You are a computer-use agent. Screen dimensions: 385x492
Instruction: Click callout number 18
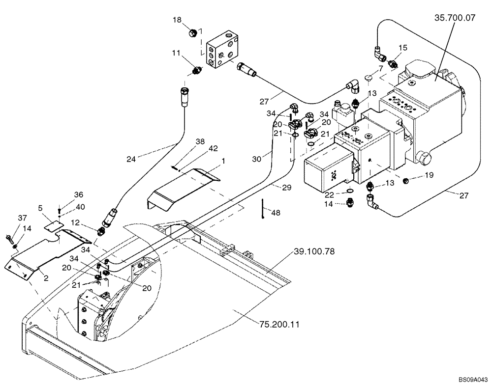pyautogui.click(x=177, y=19)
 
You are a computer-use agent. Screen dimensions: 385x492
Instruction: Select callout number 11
pyautogui.click(x=177, y=52)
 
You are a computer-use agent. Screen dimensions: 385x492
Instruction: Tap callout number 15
pyautogui.click(x=403, y=48)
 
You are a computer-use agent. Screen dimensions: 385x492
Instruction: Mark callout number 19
pyautogui.click(x=429, y=174)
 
